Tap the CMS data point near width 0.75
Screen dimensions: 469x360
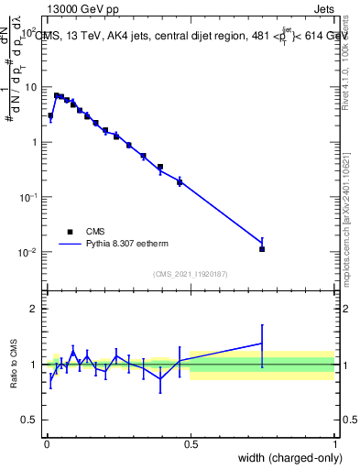click(262, 248)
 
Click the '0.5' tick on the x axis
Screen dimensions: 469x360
click(191, 443)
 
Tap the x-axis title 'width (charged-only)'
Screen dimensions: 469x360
click(285, 458)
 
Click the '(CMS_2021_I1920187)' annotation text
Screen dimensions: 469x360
click(191, 274)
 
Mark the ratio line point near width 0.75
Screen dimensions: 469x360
click(262, 344)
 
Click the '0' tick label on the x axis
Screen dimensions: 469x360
click(47, 443)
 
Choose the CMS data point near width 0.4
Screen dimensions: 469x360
click(160, 168)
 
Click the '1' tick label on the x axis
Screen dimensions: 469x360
click(335, 443)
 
